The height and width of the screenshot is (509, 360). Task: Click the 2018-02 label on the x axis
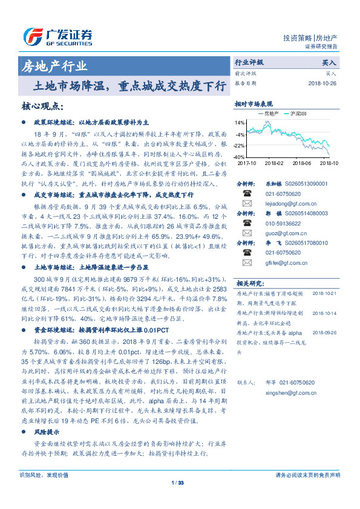tap(274, 163)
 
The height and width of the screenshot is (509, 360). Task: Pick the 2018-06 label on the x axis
tap(303, 163)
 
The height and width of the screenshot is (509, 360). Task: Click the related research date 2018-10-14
tap(324, 313)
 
